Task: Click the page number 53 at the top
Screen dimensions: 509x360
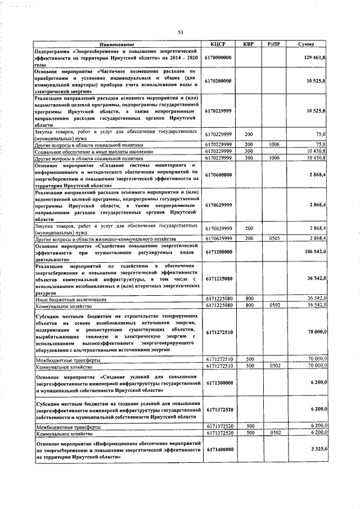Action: (181, 33)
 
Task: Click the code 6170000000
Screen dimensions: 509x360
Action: (218, 57)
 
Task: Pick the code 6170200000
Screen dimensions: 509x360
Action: (218, 81)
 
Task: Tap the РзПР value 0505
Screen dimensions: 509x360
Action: (274, 238)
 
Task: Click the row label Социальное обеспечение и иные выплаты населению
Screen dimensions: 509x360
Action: (93, 151)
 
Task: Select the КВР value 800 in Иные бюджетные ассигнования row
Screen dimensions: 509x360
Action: (248, 299)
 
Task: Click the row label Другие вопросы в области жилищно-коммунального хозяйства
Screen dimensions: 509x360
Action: (102, 239)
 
